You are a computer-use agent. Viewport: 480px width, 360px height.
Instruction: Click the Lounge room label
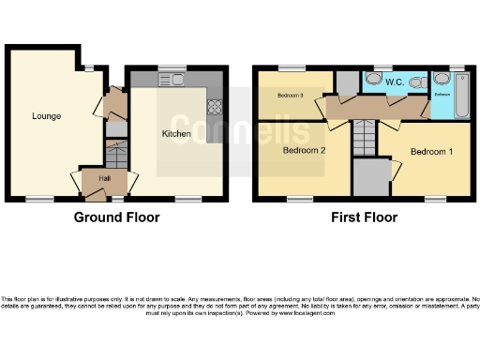tap(47, 116)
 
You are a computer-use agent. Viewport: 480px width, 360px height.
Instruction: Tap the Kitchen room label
tap(176, 134)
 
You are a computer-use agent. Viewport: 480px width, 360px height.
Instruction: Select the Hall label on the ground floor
tap(95, 177)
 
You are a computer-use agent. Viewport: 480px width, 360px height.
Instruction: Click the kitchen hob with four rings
tap(215, 105)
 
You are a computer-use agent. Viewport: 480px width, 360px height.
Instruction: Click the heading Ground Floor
tap(117, 217)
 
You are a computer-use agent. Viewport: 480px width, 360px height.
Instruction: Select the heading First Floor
tap(365, 217)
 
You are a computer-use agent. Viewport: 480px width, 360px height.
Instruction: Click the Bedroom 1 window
tap(434, 199)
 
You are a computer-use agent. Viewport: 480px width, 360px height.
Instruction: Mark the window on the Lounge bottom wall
tap(39, 199)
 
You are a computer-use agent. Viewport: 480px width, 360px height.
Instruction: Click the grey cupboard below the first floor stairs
tap(372, 176)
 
